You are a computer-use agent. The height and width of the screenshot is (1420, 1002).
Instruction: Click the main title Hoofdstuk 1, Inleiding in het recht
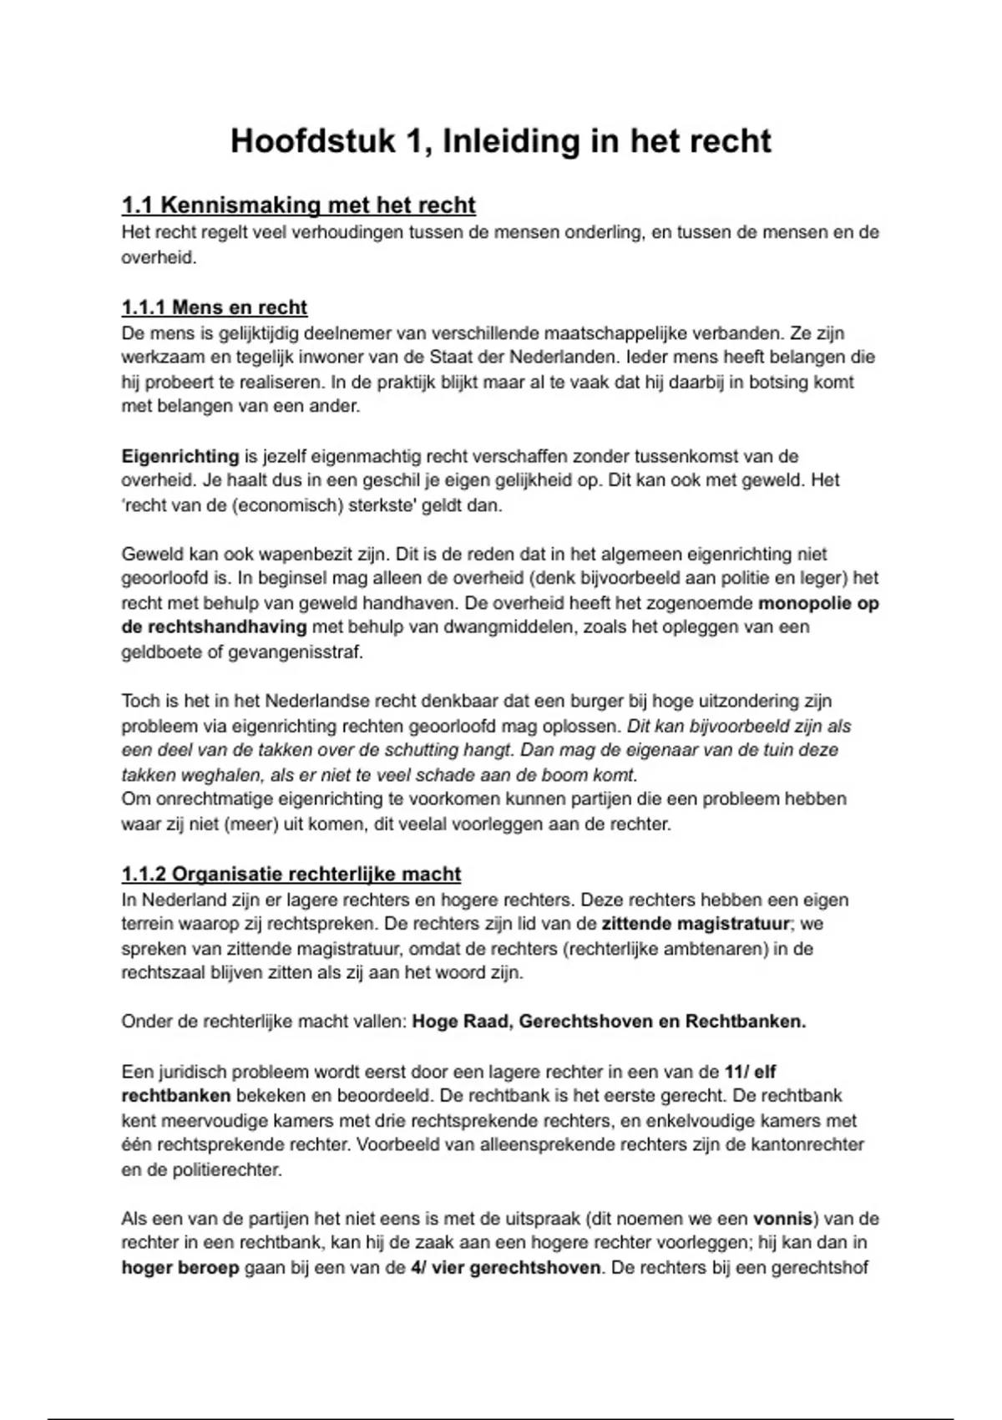[500, 140]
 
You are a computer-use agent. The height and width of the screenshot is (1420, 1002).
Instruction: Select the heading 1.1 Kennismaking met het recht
[298, 205]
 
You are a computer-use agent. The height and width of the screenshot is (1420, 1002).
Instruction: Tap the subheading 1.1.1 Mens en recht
[214, 307]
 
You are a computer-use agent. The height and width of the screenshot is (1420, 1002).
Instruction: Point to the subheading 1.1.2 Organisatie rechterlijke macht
[291, 874]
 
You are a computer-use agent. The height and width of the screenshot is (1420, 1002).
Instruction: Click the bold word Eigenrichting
[180, 456]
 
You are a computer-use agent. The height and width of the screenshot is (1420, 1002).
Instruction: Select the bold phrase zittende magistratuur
[695, 924]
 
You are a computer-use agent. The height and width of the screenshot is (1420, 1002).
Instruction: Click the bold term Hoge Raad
[460, 1022]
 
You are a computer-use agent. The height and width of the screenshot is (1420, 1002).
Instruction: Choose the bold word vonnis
[782, 1218]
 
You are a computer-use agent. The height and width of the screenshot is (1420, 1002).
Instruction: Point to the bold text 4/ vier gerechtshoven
[505, 1267]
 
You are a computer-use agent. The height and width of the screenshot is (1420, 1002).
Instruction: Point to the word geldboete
[160, 652]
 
